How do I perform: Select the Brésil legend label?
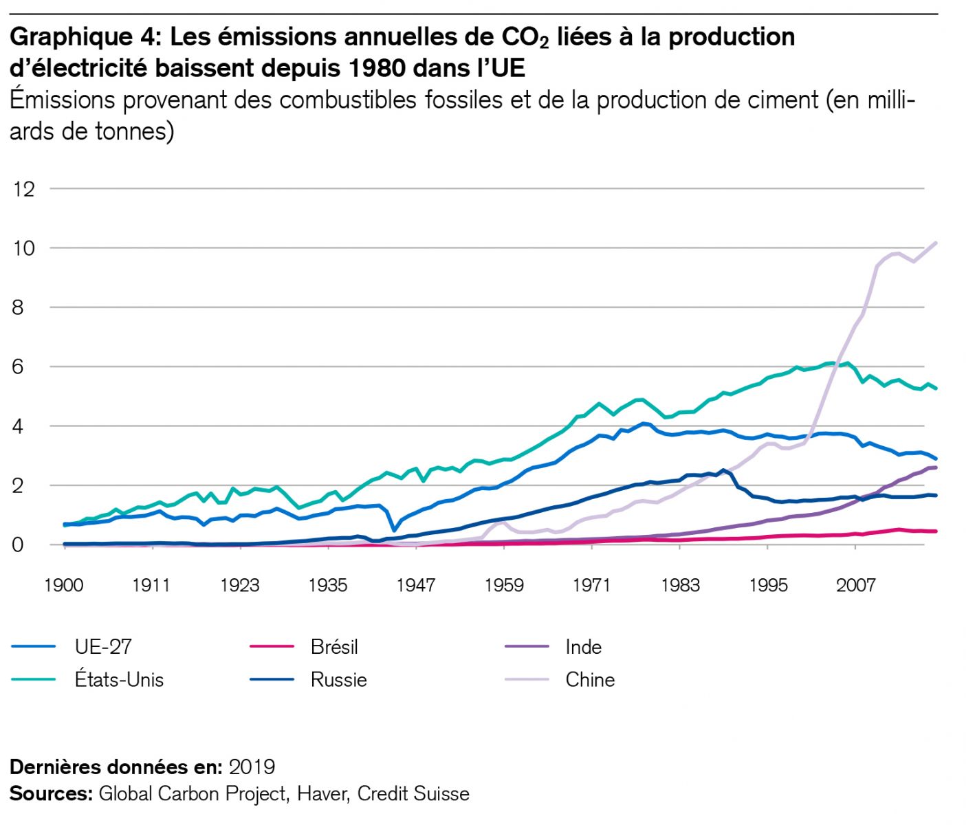(x=334, y=647)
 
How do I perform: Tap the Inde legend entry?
(x=583, y=647)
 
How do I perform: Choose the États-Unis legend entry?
(x=119, y=680)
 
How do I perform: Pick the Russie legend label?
(x=338, y=680)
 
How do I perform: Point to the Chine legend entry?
(x=590, y=680)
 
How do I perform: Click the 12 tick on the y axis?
(x=23, y=189)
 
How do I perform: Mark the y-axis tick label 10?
(x=23, y=248)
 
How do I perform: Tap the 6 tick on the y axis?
(x=17, y=367)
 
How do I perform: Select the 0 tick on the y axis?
(x=17, y=545)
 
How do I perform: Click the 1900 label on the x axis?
(x=63, y=585)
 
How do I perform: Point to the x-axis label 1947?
(x=415, y=585)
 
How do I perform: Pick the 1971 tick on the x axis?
(x=591, y=585)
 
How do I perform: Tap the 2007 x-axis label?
(x=855, y=585)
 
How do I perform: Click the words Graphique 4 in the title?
(x=85, y=37)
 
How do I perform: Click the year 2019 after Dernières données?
(x=252, y=767)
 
